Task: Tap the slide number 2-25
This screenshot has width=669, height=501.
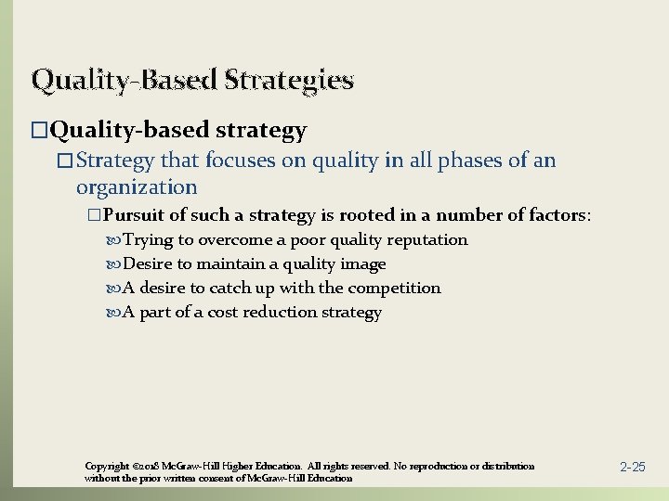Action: (x=632, y=467)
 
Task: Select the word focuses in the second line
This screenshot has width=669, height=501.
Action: (x=243, y=161)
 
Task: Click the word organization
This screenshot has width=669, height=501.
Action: (x=137, y=187)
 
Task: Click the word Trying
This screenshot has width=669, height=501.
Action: (x=148, y=240)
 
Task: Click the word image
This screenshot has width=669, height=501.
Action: (x=362, y=264)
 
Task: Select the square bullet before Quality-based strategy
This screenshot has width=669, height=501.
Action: (x=38, y=132)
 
